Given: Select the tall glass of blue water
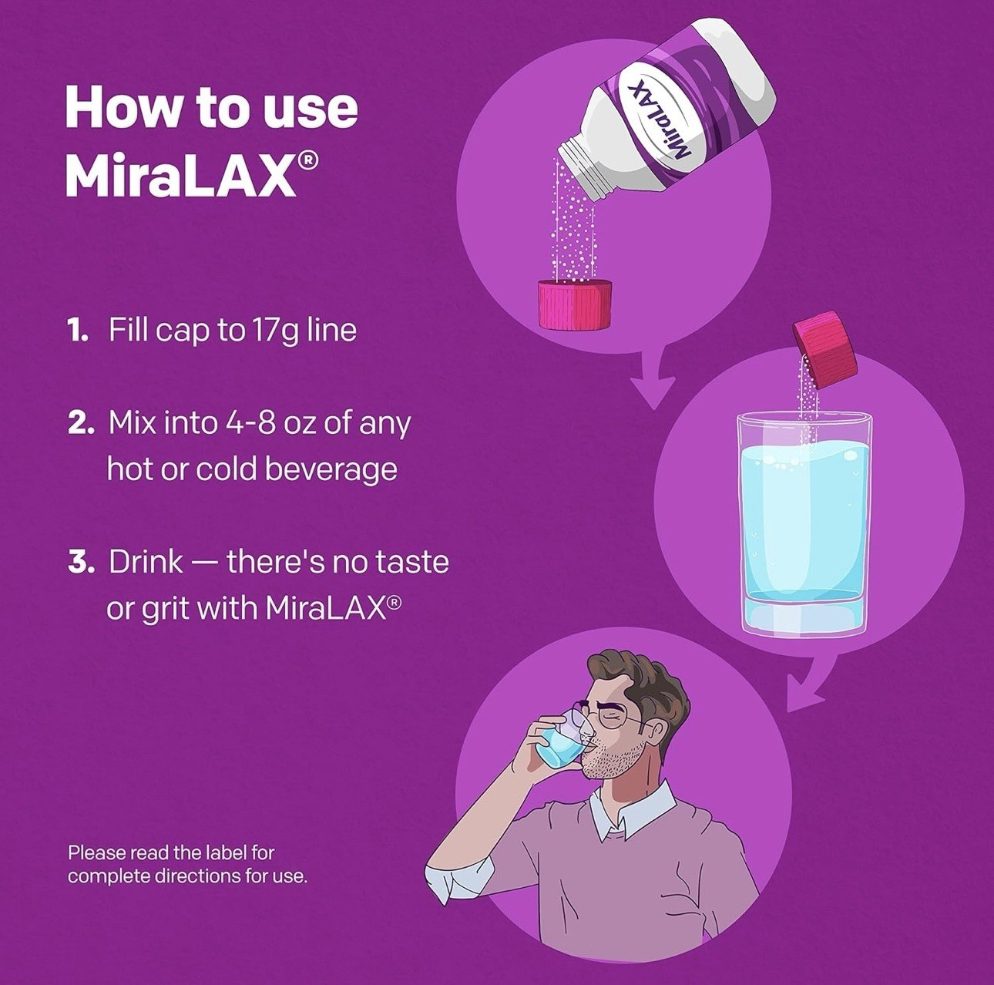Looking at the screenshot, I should (804, 524).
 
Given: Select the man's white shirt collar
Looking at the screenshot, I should (621, 812).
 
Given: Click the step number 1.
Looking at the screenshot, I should (77, 331).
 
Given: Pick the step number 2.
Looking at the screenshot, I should (80, 423).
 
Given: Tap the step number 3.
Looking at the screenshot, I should (80, 562).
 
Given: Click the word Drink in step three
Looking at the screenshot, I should (146, 562).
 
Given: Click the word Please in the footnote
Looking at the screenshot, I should (97, 852).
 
